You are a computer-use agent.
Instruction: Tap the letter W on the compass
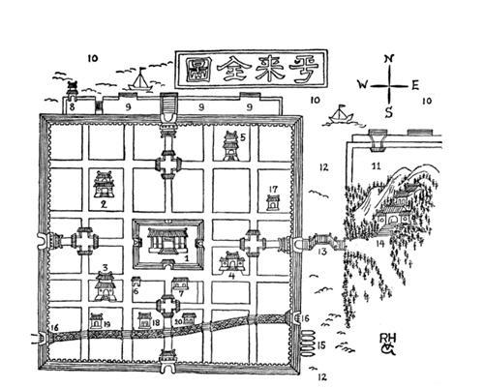click(x=361, y=84)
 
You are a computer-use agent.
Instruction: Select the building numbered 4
click(x=232, y=260)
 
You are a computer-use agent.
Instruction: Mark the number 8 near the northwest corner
click(x=73, y=107)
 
